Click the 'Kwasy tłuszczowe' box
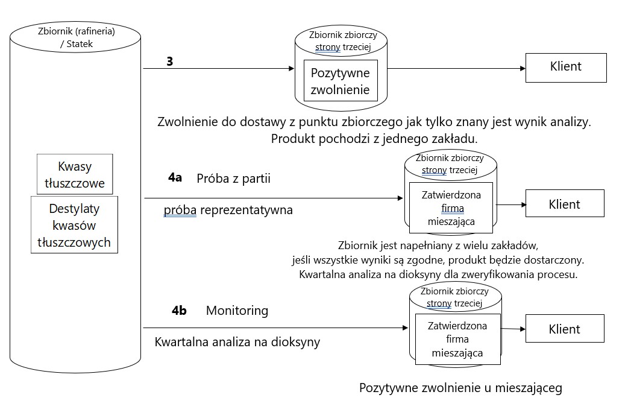(x=74, y=174)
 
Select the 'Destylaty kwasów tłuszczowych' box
(x=75, y=226)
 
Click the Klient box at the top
(x=566, y=66)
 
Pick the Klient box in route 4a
(x=564, y=204)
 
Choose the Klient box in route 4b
(x=564, y=329)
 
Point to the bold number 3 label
(x=170, y=61)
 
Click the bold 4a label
(x=175, y=179)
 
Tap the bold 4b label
(x=179, y=311)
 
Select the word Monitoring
(x=237, y=311)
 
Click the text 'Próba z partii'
(x=233, y=179)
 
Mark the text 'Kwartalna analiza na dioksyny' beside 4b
(x=237, y=342)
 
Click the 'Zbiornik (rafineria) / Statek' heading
(x=76, y=37)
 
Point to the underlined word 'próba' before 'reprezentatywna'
(x=180, y=211)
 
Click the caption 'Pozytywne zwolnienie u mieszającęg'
(x=460, y=388)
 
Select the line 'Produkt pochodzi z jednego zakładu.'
(x=374, y=138)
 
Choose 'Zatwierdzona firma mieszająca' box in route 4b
(x=457, y=338)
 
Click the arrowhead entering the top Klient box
(x=521, y=69)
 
